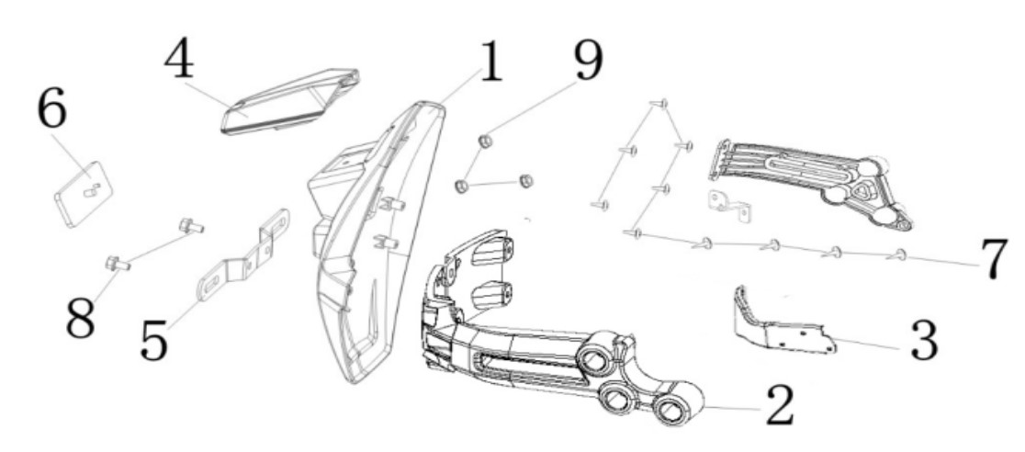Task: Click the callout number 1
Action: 490,62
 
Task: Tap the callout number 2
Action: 779,405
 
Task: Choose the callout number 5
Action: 154,340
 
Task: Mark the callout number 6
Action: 51,109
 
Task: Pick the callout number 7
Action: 995,260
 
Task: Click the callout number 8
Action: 81,318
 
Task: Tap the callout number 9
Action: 589,62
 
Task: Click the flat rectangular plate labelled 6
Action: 83,194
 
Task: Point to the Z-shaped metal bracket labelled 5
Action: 243,255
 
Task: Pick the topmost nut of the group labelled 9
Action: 485,141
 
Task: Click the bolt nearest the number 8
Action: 118,265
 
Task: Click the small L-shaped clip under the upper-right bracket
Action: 729,206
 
